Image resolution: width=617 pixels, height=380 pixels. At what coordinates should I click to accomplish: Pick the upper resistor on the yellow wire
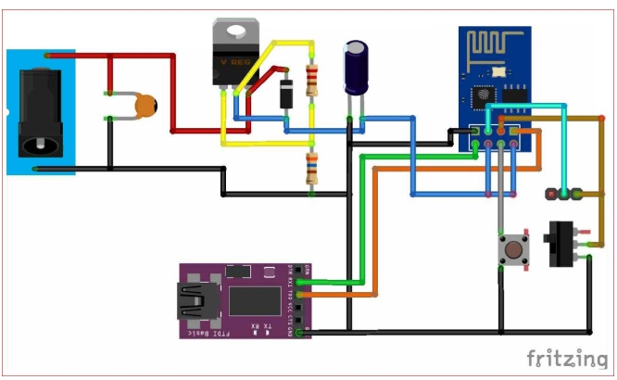(x=311, y=81)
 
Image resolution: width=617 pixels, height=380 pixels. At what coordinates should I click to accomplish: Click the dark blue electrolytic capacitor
(x=357, y=67)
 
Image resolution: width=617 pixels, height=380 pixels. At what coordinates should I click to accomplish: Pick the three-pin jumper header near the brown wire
(x=564, y=195)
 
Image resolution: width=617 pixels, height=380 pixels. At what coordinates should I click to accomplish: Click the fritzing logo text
(x=567, y=357)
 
